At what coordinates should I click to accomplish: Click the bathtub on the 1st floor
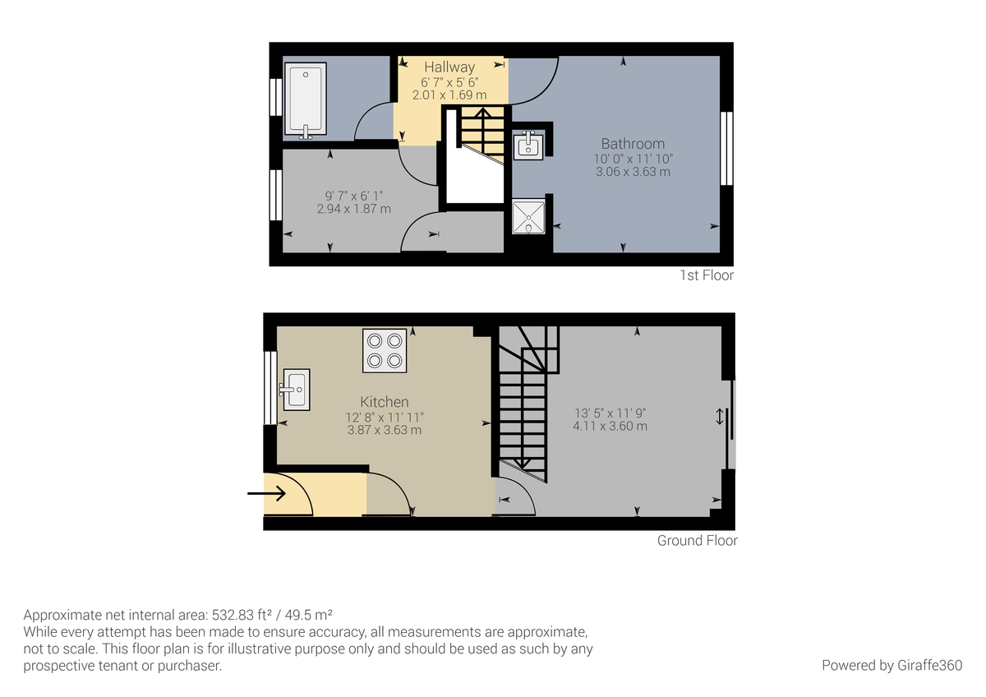click(x=305, y=99)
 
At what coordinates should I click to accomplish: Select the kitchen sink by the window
click(x=295, y=389)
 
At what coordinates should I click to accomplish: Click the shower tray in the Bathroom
click(x=527, y=217)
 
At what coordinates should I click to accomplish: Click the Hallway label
click(x=449, y=67)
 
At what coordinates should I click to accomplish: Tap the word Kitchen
click(x=385, y=402)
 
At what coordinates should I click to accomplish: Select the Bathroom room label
click(x=633, y=144)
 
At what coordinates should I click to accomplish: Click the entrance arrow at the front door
click(x=266, y=494)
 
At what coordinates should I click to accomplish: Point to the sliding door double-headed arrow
click(x=720, y=417)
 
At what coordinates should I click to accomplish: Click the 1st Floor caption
click(x=706, y=275)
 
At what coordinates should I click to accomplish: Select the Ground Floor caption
click(x=697, y=541)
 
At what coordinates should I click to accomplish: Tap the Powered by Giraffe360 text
click(x=892, y=665)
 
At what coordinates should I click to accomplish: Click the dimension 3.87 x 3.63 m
click(x=385, y=430)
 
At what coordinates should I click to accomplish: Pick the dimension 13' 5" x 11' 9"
click(x=610, y=413)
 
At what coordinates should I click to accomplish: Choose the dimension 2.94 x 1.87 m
click(x=353, y=210)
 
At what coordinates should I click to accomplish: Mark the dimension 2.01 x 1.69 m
click(x=449, y=95)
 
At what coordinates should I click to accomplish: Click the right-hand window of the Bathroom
click(x=726, y=149)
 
